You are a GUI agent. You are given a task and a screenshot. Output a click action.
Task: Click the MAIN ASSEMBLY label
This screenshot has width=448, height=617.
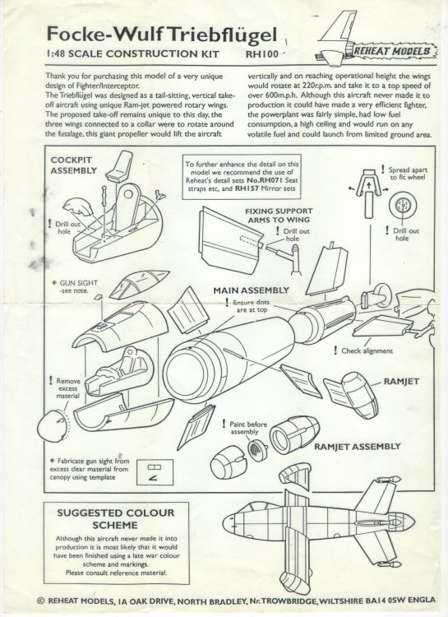pyautogui.click(x=252, y=290)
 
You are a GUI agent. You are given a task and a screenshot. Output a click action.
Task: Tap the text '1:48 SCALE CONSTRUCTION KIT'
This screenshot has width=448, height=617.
pyautogui.click(x=104, y=57)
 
